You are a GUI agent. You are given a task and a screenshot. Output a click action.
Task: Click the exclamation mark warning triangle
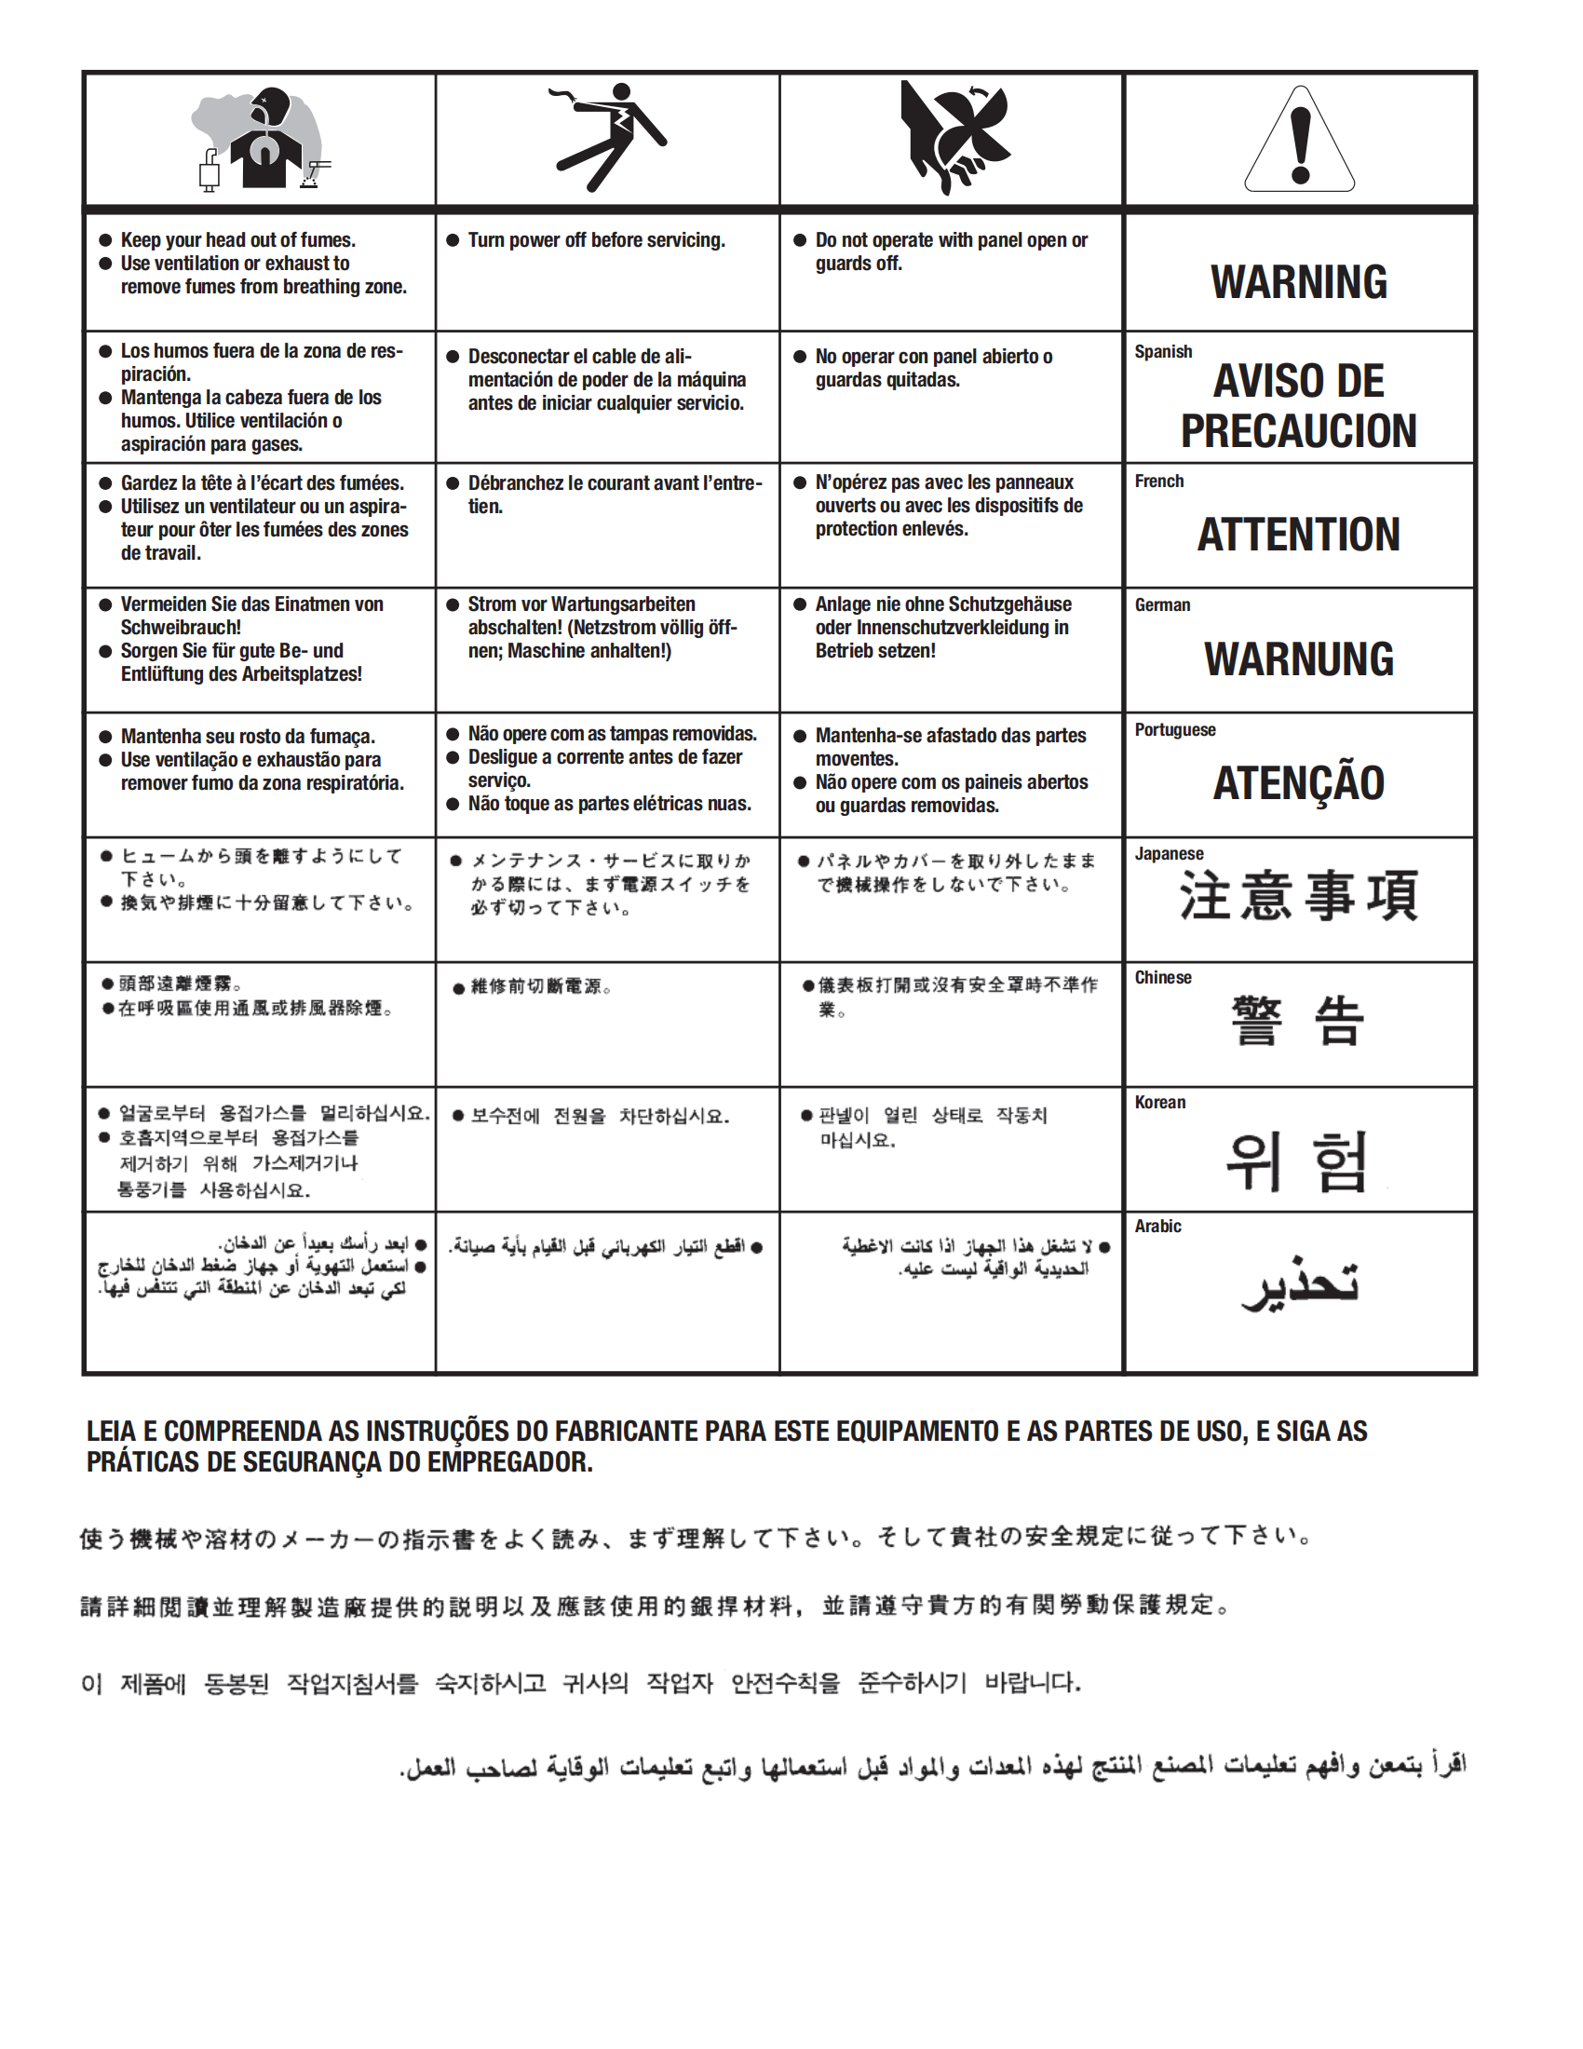click(1299, 141)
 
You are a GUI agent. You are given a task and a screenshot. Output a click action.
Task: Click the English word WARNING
click(1299, 282)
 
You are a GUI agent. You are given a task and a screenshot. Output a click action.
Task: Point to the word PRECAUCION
click(1299, 431)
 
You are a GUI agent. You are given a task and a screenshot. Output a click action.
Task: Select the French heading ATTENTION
click(1299, 535)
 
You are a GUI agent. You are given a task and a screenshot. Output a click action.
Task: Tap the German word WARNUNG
click(1299, 659)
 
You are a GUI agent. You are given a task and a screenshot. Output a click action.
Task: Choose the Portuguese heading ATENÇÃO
click(1299, 783)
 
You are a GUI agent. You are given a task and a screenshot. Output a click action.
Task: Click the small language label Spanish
click(1163, 352)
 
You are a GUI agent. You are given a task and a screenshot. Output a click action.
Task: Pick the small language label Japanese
click(1169, 854)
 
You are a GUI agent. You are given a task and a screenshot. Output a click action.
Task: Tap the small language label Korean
click(1160, 1103)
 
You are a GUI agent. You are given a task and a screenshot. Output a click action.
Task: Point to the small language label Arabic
click(1158, 1227)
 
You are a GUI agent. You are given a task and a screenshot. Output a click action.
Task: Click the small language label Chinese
click(1163, 978)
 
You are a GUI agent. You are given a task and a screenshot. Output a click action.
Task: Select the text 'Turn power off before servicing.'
click(597, 240)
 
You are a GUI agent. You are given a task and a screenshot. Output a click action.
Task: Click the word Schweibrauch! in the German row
click(181, 628)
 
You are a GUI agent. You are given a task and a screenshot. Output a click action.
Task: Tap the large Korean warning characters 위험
click(1297, 1161)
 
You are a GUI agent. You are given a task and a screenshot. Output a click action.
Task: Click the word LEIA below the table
click(111, 1432)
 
